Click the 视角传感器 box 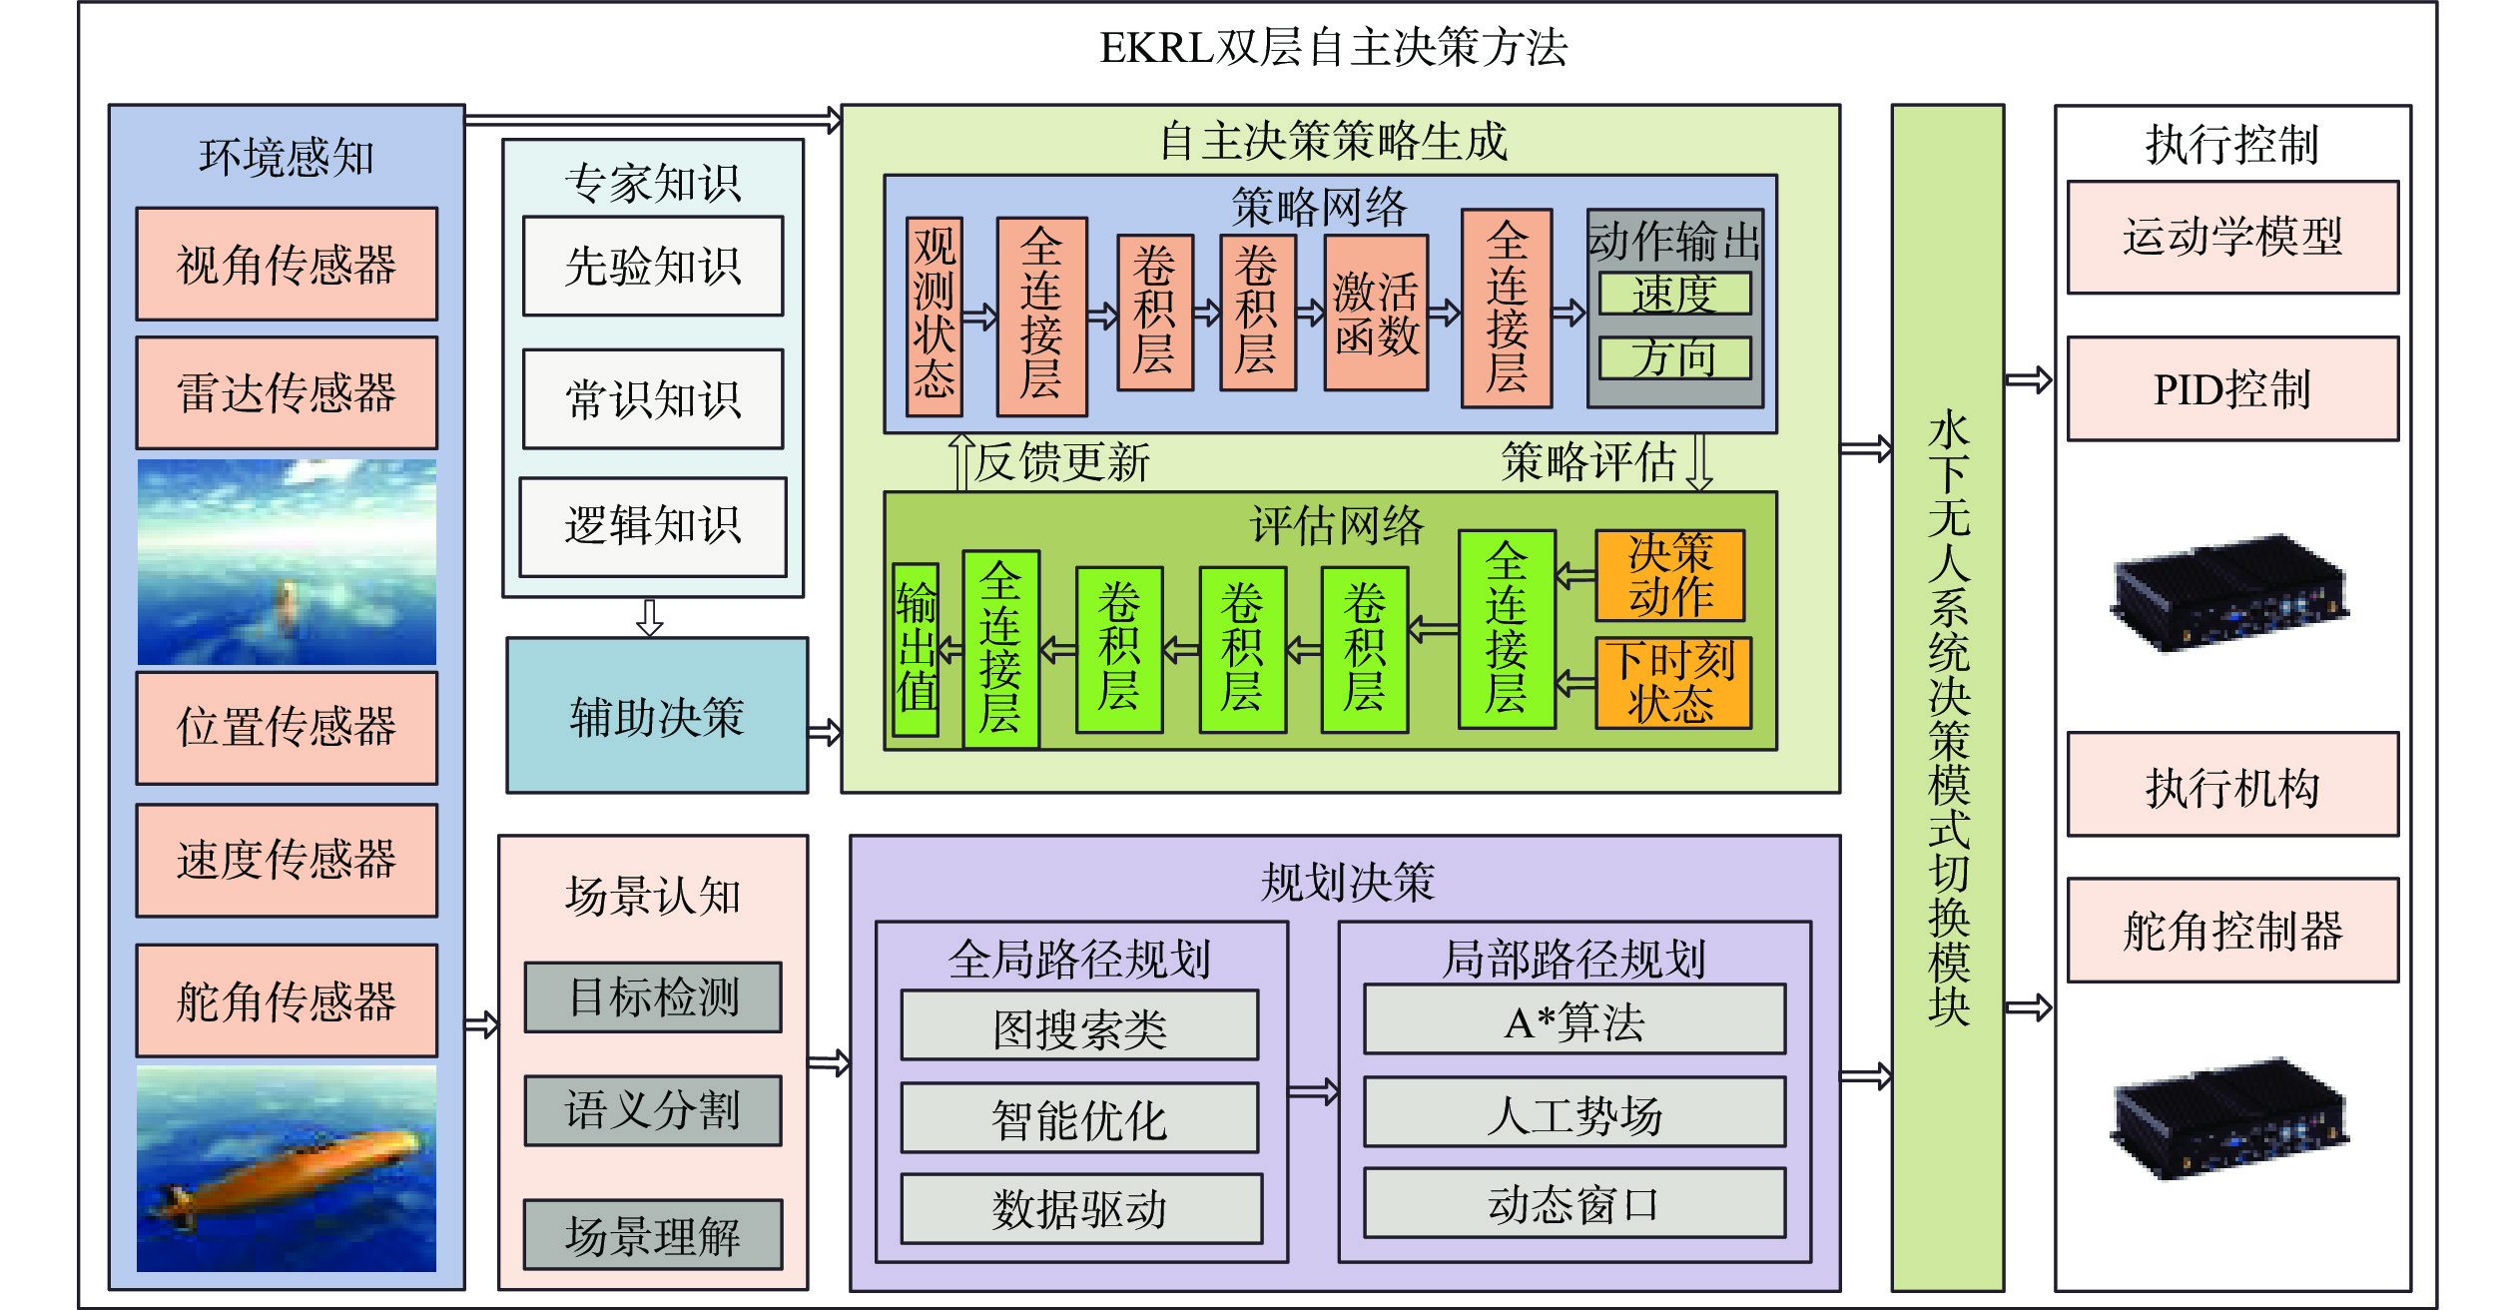point(287,265)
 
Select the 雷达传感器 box point(287,392)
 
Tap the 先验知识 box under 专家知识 point(653,267)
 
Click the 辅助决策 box point(657,716)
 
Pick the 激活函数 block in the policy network point(1376,313)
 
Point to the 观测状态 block point(935,317)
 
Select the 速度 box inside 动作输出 point(1674,294)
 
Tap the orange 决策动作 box point(1670,575)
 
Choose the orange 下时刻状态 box point(1672,683)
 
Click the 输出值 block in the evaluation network point(916,649)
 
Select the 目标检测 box point(653,997)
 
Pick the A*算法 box point(1574,1019)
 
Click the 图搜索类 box point(1079,1025)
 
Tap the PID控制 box point(2232,389)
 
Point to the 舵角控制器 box point(2232,931)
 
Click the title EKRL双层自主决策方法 point(1334,48)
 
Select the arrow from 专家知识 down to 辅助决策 point(650,617)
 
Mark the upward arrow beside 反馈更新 point(961,462)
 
